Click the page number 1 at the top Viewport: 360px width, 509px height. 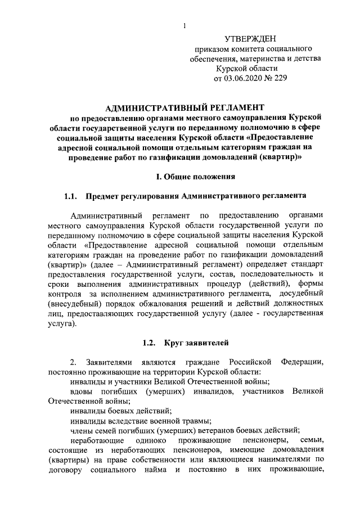click(184, 24)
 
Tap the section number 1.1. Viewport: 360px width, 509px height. click(70, 196)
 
